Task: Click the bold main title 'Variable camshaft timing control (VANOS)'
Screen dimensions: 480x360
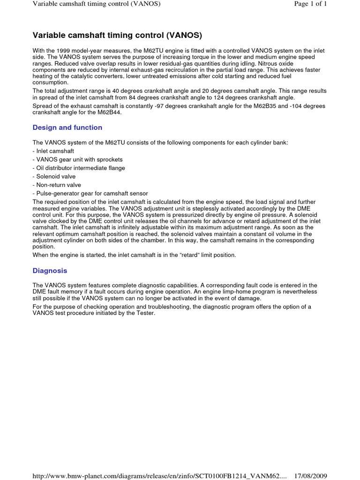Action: [117, 35]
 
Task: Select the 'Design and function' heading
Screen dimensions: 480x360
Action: [67, 127]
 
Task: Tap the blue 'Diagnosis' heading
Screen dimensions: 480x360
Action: [50, 270]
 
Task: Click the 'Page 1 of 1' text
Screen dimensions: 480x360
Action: [310, 4]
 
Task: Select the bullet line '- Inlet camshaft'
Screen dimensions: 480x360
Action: [53, 151]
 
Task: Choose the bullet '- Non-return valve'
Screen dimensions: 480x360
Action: [57, 185]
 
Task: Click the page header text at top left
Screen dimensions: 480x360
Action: [97, 4]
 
